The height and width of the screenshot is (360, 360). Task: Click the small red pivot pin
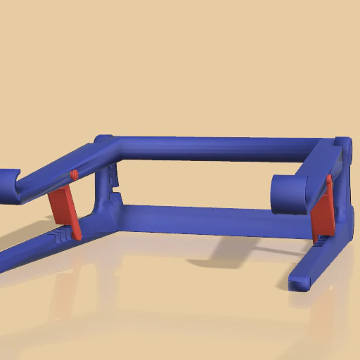pyautogui.click(x=74, y=174)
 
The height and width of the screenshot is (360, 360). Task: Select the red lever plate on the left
pyautogui.click(x=64, y=208)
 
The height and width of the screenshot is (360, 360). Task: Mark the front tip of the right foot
pyautogui.click(x=298, y=283)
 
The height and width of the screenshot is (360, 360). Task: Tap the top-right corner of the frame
pyautogui.click(x=342, y=145)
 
